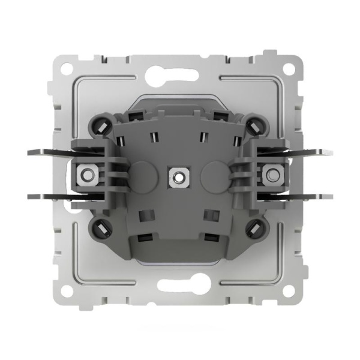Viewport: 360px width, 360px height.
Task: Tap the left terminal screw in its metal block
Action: tap(88, 176)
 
